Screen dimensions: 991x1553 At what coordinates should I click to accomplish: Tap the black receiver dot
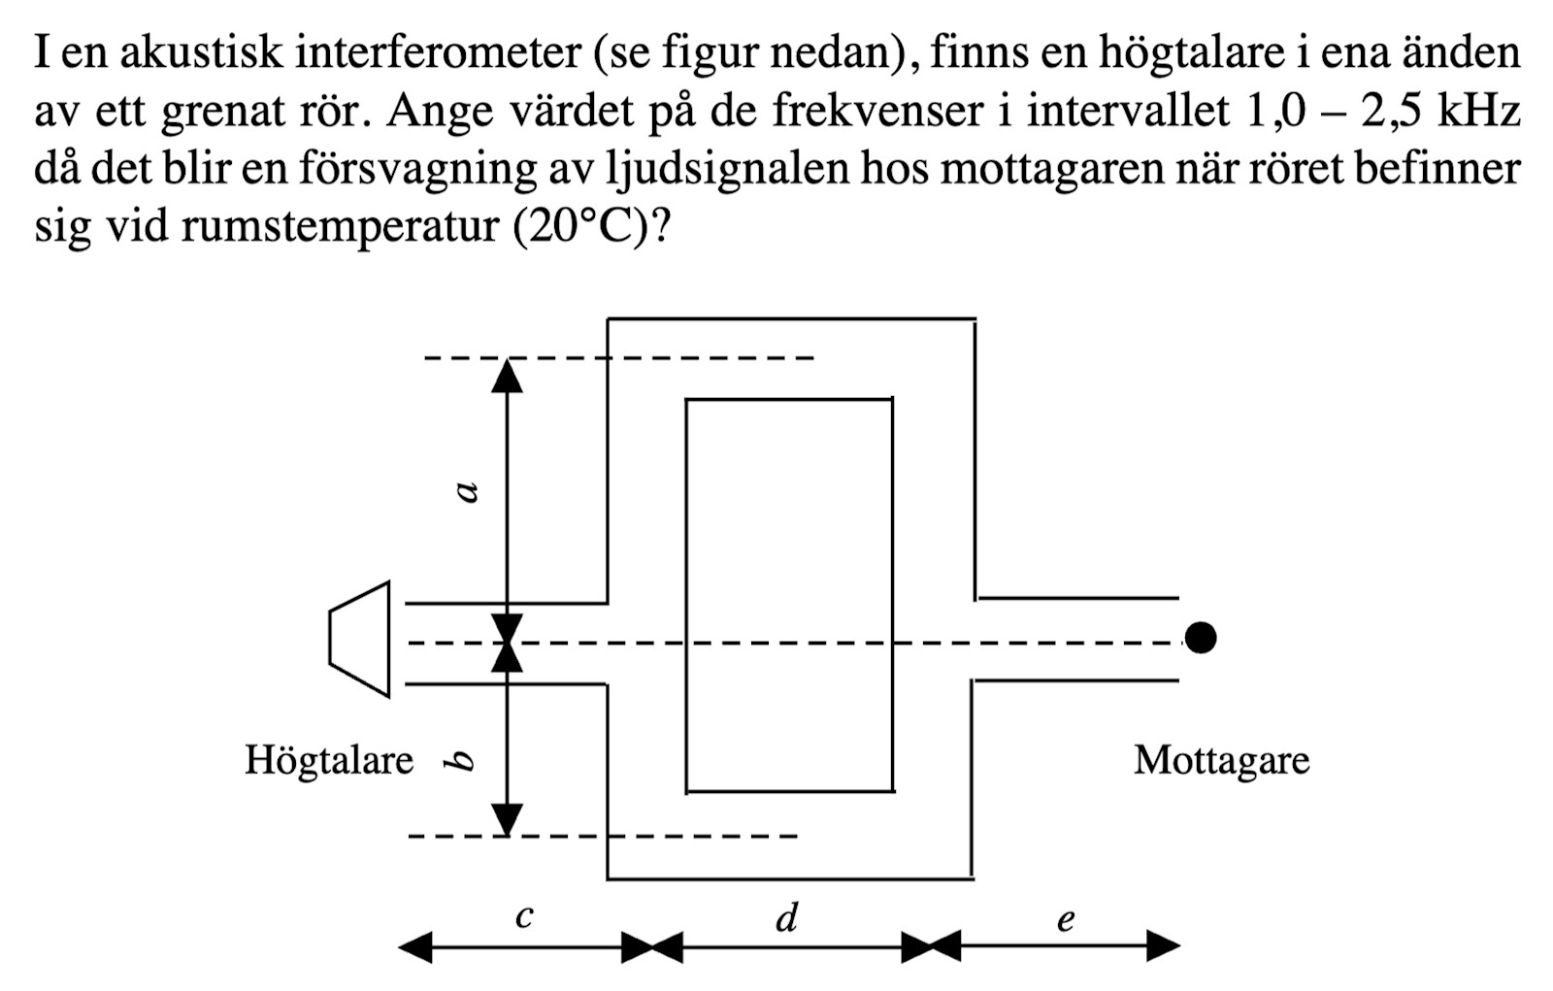(1200, 638)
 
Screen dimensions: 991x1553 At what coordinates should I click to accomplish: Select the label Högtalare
(329, 760)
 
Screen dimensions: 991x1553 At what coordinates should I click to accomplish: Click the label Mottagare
(1221, 760)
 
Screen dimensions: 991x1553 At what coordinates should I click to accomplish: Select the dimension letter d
(787, 915)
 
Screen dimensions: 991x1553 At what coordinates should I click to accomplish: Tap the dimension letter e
(1066, 917)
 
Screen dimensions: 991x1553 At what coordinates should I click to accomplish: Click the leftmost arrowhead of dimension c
(415, 945)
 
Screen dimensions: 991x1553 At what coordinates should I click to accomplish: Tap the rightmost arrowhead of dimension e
(1164, 944)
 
